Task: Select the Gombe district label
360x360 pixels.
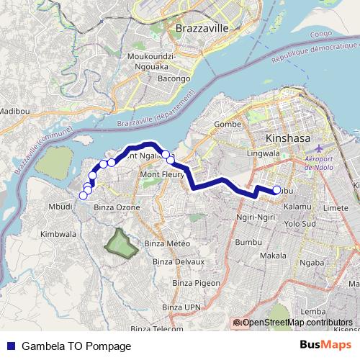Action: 228,124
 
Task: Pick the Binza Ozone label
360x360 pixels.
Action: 117,207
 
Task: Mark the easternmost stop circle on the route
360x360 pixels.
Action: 276,190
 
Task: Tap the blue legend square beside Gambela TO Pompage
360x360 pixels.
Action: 12,346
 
